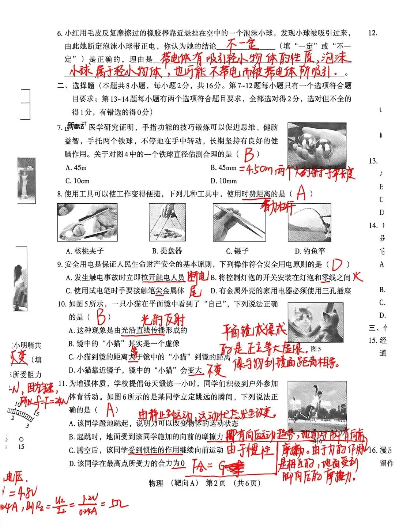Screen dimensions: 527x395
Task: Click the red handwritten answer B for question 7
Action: [249, 155]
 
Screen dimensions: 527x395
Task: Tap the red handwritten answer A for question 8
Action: [301, 193]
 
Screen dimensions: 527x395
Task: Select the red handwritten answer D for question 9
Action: [336, 264]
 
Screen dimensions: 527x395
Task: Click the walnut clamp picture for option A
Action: [87, 222]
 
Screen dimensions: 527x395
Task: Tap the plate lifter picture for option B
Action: [167, 222]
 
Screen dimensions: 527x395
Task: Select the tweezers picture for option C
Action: [239, 222]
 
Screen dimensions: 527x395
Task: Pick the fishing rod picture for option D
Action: [309, 222]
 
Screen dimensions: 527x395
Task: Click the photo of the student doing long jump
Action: [317, 406]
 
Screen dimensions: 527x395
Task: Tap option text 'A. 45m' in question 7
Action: [76, 168]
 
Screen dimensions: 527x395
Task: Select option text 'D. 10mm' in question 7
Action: [223, 181]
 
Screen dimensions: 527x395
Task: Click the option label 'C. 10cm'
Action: [77, 181]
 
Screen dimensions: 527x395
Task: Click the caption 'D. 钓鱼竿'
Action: [310, 251]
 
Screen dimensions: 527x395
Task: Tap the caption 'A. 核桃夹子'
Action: [85, 251]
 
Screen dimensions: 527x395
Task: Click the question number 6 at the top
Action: [60, 34]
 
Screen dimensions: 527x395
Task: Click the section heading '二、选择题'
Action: [76, 86]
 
